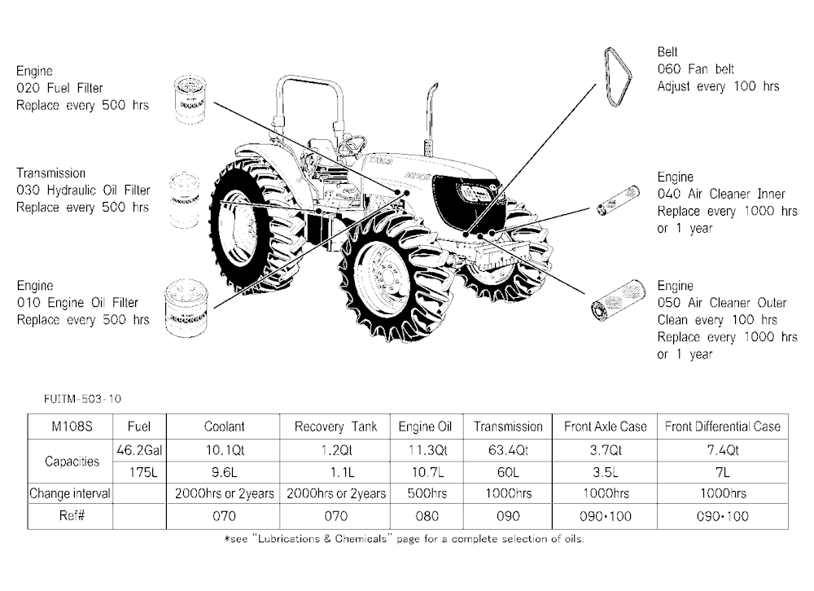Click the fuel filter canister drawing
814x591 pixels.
[x=190, y=99]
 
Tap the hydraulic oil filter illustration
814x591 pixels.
[x=185, y=200]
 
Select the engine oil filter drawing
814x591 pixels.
[x=186, y=309]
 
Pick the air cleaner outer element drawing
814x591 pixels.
[x=619, y=300]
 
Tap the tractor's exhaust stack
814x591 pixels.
[x=431, y=120]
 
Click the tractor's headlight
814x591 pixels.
[x=475, y=193]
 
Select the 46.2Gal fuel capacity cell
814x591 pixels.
[x=139, y=450]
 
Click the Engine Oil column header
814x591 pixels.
[x=425, y=427]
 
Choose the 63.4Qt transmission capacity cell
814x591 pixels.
[x=508, y=450]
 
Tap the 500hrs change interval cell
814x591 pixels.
[x=427, y=493]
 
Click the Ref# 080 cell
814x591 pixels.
[x=427, y=516]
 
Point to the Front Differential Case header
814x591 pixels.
[x=723, y=427]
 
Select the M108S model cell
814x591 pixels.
[x=72, y=427]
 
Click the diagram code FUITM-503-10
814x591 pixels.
[x=82, y=399]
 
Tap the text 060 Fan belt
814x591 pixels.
[x=696, y=69]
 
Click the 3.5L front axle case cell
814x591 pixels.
[x=606, y=472]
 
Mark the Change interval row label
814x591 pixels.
[x=70, y=493]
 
